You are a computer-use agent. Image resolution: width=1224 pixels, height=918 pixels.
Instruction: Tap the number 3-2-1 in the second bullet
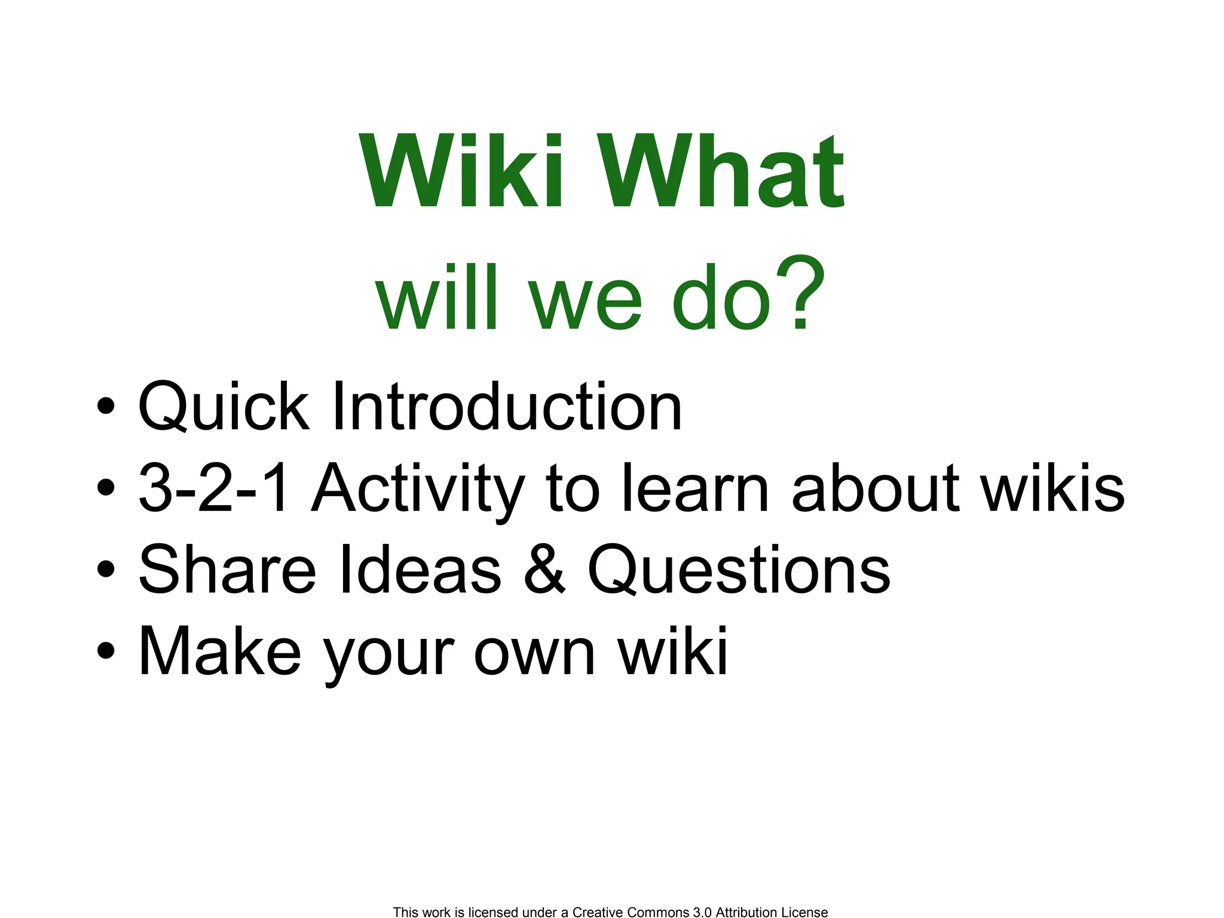pos(214,489)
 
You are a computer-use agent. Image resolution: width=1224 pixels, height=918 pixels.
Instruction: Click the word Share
pos(227,570)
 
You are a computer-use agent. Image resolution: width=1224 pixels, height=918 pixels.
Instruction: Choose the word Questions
pos(739,570)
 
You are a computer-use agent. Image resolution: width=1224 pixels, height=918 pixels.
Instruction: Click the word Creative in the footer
pos(598,912)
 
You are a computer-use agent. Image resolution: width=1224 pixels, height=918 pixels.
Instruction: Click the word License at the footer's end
pos(804,912)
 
